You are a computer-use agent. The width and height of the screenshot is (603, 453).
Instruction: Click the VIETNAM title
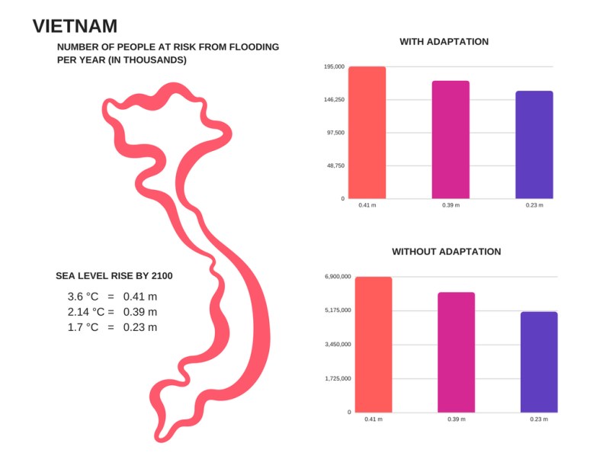75,26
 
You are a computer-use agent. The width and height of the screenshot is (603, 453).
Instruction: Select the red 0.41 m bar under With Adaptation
367,133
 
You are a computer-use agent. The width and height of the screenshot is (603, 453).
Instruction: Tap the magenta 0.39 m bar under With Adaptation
451,140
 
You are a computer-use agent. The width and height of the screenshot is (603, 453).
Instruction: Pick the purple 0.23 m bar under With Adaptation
534,145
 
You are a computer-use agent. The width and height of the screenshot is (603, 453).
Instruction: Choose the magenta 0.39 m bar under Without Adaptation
456,352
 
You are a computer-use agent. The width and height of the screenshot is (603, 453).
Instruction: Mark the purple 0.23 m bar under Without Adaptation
539,361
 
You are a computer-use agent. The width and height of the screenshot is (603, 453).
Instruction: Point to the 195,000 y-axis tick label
334,67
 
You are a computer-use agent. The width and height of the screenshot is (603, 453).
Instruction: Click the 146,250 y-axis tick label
334,100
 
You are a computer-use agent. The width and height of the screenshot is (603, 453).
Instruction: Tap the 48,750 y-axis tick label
335,165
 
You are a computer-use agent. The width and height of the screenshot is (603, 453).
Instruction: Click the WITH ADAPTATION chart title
444,41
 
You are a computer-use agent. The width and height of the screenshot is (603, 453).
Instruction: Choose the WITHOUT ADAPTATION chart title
446,251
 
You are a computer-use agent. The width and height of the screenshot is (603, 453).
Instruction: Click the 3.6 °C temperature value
83,296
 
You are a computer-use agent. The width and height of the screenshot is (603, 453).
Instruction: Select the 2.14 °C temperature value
86,312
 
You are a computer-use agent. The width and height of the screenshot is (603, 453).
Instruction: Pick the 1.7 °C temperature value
83,327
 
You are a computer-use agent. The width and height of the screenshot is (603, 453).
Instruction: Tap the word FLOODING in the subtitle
253,47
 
